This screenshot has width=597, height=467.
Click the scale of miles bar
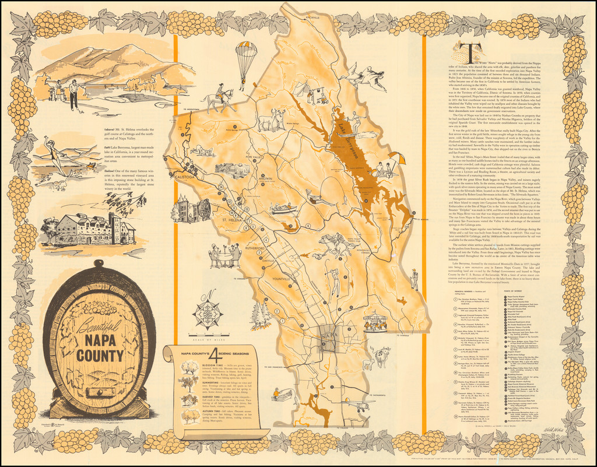(208, 334)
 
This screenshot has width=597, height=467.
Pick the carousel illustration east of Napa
(375, 321)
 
